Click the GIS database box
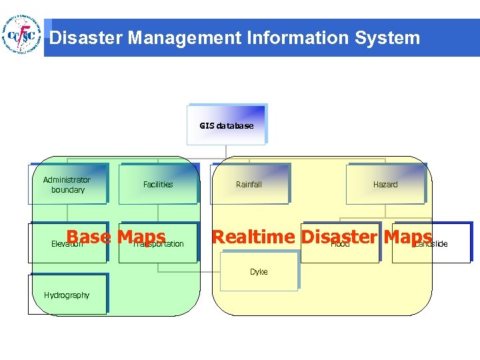pyautogui.click(x=227, y=125)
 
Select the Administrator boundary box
pyautogui.click(x=68, y=184)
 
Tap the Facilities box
pyautogui.click(x=158, y=184)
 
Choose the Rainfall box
pyautogui.click(x=249, y=184)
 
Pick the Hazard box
pyautogui.click(x=385, y=184)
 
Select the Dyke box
pyautogui.click(x=259, y=271)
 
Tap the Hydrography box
pyautogui.click(x=67, y=295)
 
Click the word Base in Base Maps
pyautogui.click(x=89, y=237)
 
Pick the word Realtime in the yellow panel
pyautogui.click(x=253, y=237)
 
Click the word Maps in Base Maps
pyautogui.click(x=141, y=237)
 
